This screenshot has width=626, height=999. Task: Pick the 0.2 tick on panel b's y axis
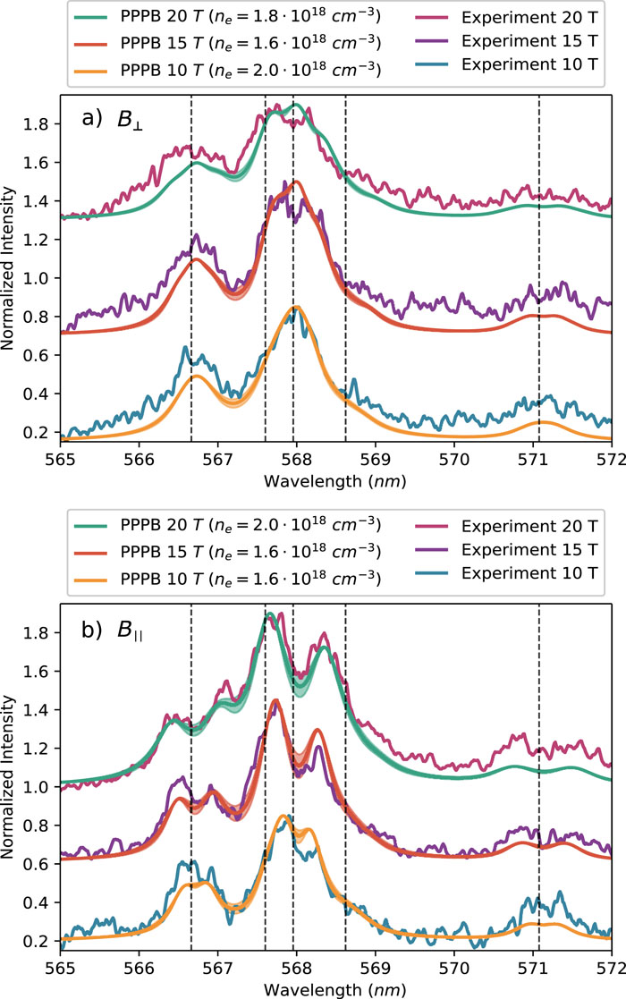tap(38, 941)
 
